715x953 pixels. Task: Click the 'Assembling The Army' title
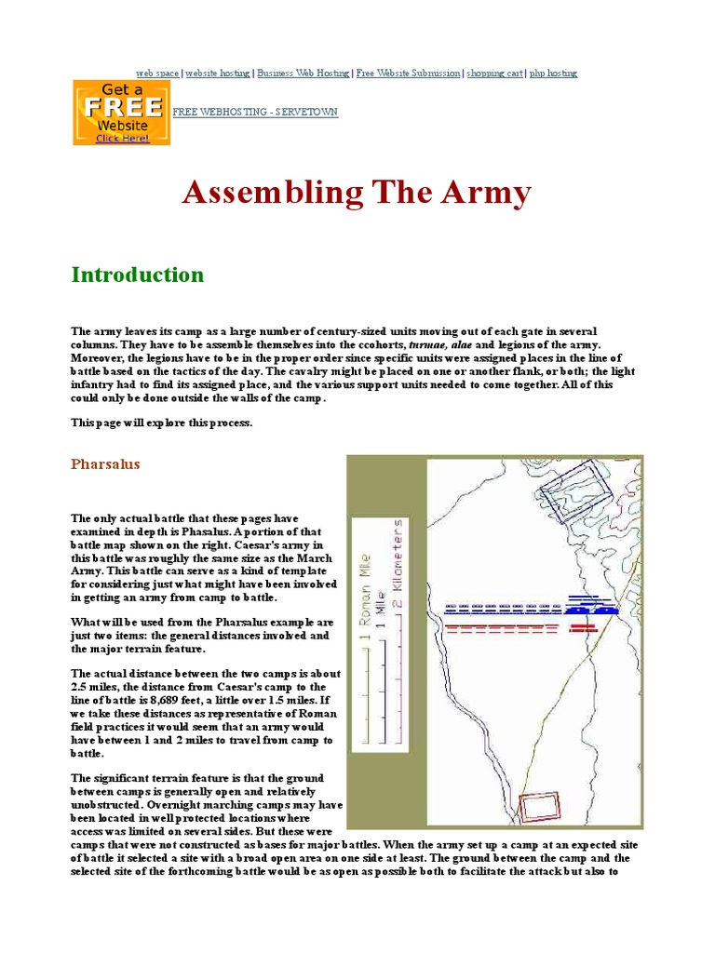[357, 193]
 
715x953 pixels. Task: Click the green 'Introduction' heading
[137, 275]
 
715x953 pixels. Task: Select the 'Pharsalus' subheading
[105, 464]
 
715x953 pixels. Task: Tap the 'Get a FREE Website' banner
[121, 112]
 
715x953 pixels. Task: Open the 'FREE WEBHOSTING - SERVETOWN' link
[254, 112]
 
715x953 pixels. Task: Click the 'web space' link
[157, 73]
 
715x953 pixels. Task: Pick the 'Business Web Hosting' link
[304, 73]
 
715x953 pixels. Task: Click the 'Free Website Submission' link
[408, 73]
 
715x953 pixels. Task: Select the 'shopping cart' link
[494, 73]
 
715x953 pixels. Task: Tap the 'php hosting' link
[553, 73]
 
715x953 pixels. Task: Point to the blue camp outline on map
[572, 490]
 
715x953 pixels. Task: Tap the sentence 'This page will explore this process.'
[161, 422]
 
